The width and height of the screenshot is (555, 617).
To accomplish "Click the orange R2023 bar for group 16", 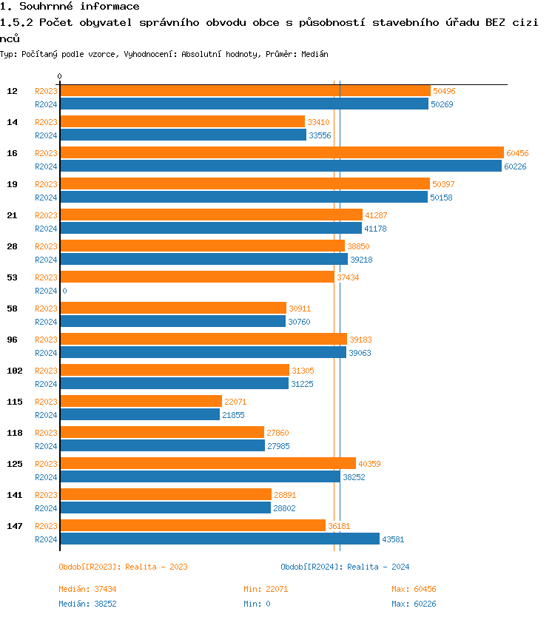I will (281, 152).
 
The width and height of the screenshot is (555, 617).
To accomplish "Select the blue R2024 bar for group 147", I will (219, 539).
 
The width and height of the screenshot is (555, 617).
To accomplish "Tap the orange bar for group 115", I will (141, 401).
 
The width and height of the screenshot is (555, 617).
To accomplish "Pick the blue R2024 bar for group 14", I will (183, 135).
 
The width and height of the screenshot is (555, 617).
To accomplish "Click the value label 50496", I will (444, 91).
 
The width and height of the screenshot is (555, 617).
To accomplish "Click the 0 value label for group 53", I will (64, 291).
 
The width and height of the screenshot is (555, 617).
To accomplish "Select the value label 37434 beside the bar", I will (348, 277).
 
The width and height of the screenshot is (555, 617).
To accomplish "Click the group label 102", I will (14, 371).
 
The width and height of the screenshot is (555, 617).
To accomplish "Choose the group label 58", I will (13, 308).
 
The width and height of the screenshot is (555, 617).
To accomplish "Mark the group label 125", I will (14, 464).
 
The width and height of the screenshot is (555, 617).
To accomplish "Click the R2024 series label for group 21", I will (46, 229).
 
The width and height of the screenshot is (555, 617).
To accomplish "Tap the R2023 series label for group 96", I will (46, 340).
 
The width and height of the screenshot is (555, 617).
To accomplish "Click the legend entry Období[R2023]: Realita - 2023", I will (123, 567).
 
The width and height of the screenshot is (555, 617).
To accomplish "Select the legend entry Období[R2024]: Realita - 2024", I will (345, 567).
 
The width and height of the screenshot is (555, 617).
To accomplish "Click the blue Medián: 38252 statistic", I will (87, 604).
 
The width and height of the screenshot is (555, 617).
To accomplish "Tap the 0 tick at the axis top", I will (60, 76).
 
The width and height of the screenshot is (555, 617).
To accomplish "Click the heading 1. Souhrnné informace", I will (70, 7).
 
